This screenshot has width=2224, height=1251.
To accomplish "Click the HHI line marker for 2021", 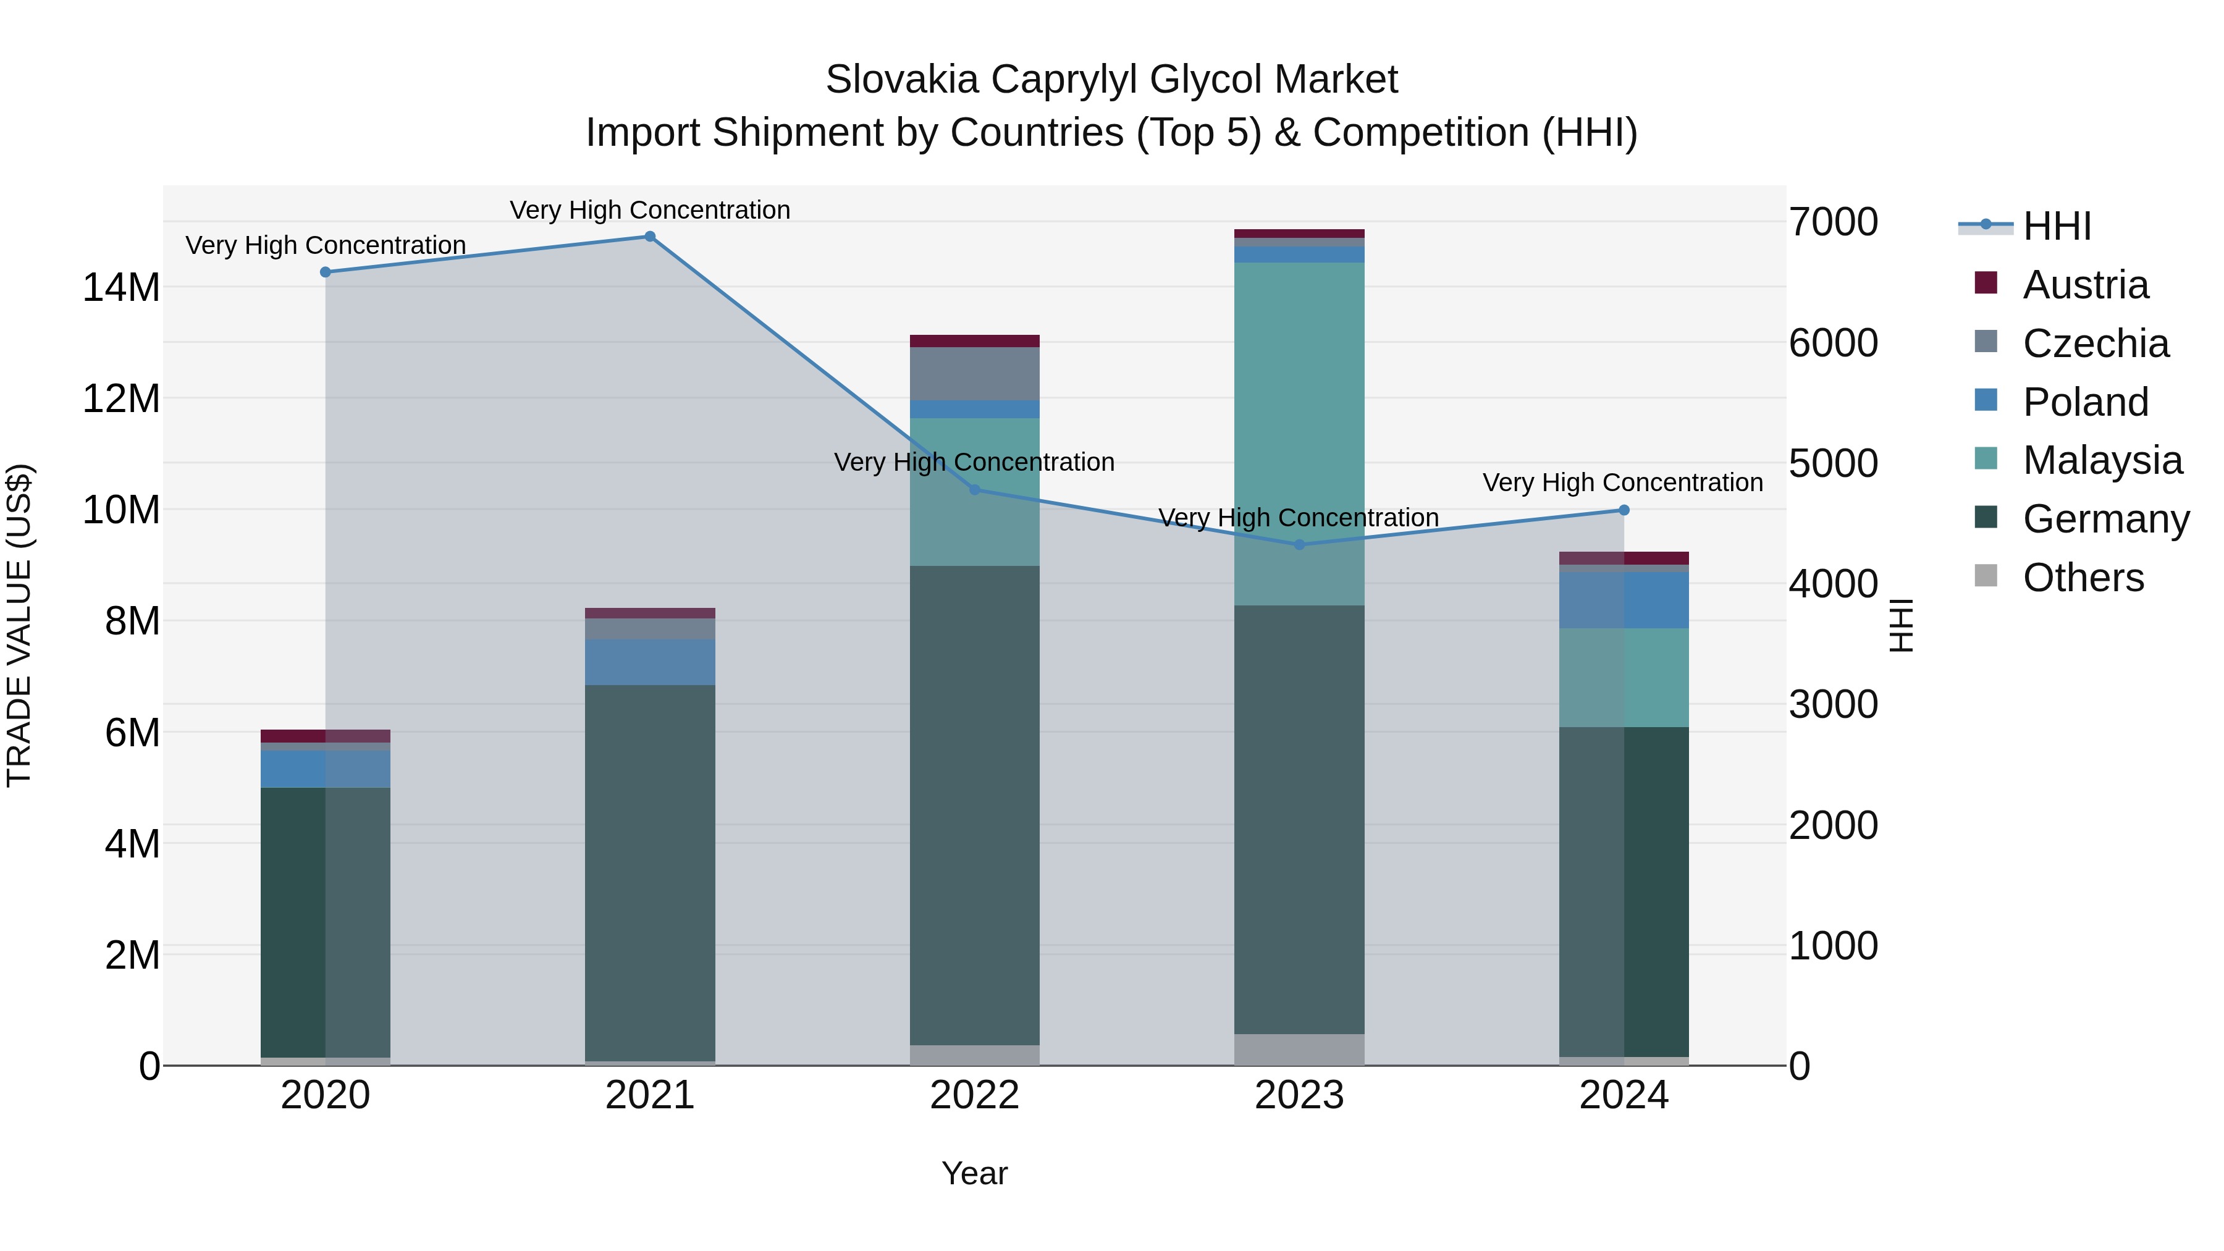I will point(649,237).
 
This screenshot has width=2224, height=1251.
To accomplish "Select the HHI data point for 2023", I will point(1299,545).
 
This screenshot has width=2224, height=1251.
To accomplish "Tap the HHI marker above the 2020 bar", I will point(326,272).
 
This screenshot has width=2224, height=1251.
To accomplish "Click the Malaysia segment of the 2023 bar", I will point(1299,432).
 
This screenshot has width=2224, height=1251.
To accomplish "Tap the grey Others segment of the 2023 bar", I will point(1299,1049).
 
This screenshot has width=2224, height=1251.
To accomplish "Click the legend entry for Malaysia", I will point(2102,460).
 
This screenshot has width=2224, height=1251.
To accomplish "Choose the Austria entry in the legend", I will point(2085,285).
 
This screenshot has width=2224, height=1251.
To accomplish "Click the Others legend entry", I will point(2083,578).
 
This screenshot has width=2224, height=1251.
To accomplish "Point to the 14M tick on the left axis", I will point(121,287).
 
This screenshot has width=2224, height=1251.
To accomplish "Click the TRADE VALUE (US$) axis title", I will point(19,625).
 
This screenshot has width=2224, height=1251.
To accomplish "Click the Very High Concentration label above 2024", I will point(1622,482).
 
